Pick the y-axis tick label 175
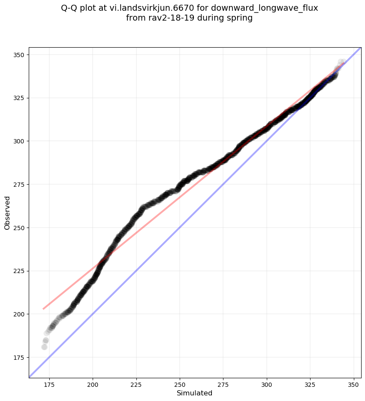tap(19, 358)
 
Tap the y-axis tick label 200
tap(19, 314)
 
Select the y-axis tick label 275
tap(19, 185)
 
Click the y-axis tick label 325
tap(19, 98)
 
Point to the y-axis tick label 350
tap(19, 55)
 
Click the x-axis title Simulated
tap(195, 393)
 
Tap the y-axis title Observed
tap(7, 213)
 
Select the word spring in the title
tap(238, 18)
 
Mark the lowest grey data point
tap(44, 347)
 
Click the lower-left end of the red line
tap(43, 309)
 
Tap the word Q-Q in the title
tap(71, 8)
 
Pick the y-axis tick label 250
tap(19, 228)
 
